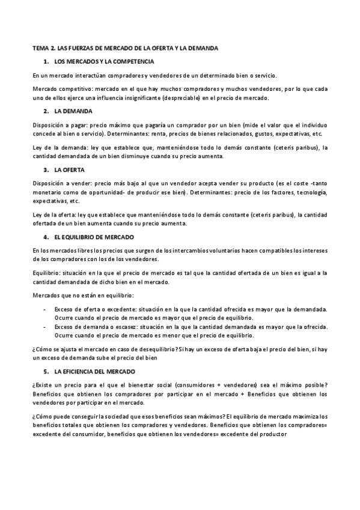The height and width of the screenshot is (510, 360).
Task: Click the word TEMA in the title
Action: click(40, 47)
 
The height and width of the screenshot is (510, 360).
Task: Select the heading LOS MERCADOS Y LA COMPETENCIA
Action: click(104, 61)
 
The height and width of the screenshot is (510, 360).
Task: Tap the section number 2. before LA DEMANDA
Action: click(46, 112)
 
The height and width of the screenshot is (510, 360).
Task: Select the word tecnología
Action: click(311, 192)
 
